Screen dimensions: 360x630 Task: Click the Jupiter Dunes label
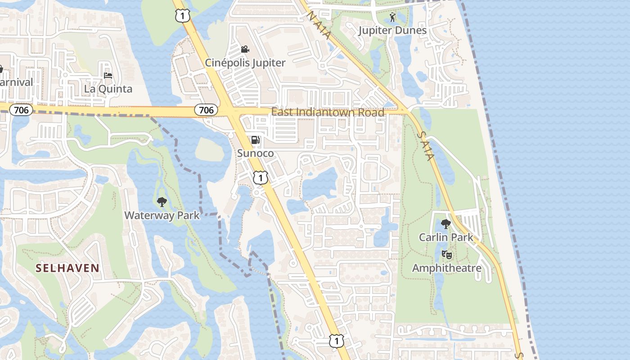[392, 30]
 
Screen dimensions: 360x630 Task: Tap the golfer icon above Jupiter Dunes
[393, 18]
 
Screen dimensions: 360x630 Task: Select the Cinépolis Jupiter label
[245, 63]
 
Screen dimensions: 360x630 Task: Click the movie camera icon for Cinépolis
[245, 49]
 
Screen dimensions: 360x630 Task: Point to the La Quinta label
[108, 89]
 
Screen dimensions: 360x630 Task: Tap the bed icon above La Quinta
[108, 75]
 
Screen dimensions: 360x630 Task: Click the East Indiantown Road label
[328, 112]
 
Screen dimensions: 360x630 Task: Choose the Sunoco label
[255, 153]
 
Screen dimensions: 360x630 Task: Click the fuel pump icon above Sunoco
[255, 140]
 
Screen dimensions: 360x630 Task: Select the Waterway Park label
[162, 215]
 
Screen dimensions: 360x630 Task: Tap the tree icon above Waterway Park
[162, 202]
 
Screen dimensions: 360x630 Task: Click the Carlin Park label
[446, 237]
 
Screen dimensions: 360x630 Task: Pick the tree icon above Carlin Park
[446, 224]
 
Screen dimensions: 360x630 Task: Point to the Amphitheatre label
[447, 268]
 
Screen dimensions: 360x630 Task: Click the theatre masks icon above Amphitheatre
[447, 255]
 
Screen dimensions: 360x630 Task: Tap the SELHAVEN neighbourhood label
[67, 268]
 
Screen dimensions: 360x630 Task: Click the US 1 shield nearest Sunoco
[261, 177]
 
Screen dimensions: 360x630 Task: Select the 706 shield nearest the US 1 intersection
[206, 109]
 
